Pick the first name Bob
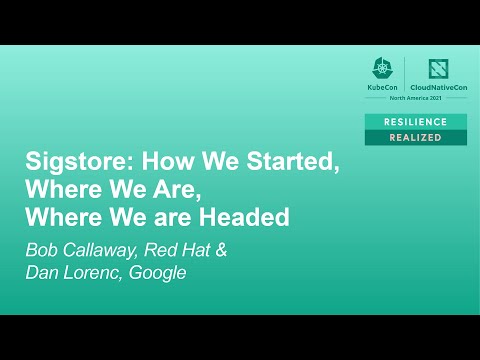click(43, 247)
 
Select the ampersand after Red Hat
click(221, 247)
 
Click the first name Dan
click(43, 272)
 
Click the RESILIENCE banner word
click(415, 121)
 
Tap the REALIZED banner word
click(415, 137)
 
